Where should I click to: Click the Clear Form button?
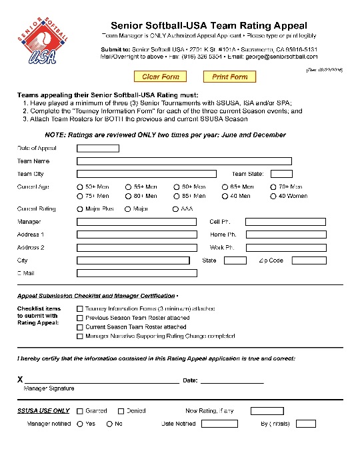point(161,77)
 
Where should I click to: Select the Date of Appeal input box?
point(97,148)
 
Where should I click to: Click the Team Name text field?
point(184,161)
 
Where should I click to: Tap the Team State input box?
point(277,174)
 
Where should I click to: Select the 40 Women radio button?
point(273,196)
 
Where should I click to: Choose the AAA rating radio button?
point(176,209)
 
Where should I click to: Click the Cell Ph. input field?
point(285,222)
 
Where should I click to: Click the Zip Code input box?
point(309,260)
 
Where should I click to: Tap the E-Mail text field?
point(137,273)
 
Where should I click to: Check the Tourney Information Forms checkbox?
point(80,308)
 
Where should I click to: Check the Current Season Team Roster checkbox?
point(80,327)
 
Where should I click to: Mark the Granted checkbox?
point(80,411)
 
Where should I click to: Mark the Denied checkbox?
point(121,411)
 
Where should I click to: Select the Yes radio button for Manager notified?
point(80,424)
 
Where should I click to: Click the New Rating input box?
point(267,411)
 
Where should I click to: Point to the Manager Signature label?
point(49,388)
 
